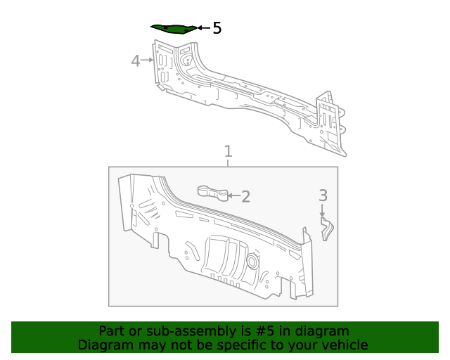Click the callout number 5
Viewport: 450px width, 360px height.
[217, 28]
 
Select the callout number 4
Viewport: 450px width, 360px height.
[136, 61]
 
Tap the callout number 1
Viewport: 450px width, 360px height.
[228, 151]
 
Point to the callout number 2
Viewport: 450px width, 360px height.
[245, 196]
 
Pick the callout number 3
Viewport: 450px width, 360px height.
[323, 195]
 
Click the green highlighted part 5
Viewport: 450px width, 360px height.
[173, 28]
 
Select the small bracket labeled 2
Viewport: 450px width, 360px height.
[212, 191]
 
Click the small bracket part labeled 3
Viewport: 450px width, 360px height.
[328, 228]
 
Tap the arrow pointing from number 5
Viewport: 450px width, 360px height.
[202, 28]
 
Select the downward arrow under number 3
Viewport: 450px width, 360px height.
[323, 210]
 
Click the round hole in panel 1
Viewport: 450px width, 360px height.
[251, 262]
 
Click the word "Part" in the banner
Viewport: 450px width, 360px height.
[112, 331]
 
